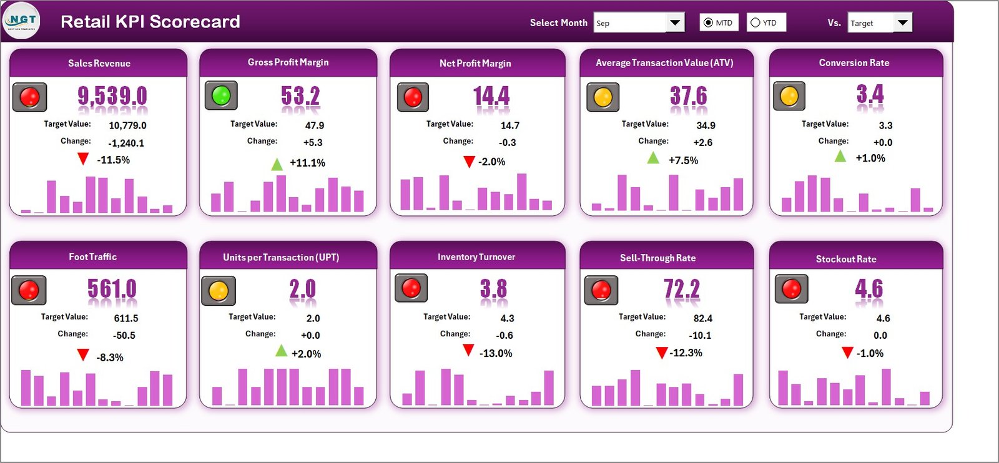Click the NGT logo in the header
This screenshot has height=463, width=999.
click(22, 21)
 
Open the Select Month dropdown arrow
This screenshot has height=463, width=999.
click(674, 23)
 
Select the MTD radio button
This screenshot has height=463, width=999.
click(708, 23)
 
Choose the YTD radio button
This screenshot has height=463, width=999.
click(755, 23)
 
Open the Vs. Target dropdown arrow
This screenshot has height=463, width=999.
click(902, 23)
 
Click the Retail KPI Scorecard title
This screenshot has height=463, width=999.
click(150, 22)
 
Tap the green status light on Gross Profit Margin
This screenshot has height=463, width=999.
click(221, 95)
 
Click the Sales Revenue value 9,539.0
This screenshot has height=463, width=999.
click(112, 96)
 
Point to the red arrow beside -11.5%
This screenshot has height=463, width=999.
click(83, 159)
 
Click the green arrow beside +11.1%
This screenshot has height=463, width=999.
click(277, 164)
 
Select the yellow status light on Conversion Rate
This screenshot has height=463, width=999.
click(789, 96)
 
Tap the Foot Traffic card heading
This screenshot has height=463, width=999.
click(93, 256)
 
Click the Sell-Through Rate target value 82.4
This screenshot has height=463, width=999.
click(702, 318)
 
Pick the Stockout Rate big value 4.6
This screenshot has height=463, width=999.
click(869, 288)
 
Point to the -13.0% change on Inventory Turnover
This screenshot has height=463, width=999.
click(496, 353)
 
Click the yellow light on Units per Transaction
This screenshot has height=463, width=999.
click(219, 291)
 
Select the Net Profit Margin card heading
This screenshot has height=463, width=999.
click(475, 63)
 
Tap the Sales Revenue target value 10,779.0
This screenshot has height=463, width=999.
click(127, 125)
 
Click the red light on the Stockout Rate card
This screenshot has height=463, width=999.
click(792, 288)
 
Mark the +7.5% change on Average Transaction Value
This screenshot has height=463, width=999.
click(683, 160)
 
